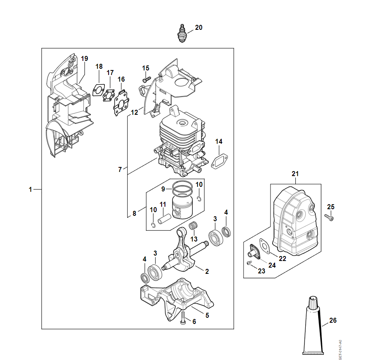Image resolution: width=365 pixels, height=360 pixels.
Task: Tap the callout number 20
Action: [x=199, y=28]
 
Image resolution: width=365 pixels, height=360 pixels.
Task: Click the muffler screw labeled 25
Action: [x=330, y=217]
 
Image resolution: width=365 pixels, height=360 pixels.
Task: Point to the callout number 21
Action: [x=295, y=174]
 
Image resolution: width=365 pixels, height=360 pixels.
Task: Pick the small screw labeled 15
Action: [x=145, y=78]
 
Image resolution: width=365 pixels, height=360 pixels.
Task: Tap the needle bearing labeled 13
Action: [x=192, y=227]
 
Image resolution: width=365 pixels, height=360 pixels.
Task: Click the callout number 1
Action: [x=30, y=190]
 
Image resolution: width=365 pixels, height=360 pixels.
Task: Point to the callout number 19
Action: [x=85, y=58]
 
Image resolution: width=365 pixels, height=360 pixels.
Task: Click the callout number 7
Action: [x=120, y=169]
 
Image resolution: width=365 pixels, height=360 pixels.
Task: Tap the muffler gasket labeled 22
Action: [x=264, y=245]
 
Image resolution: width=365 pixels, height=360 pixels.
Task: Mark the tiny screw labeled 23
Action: [x=249, y=263]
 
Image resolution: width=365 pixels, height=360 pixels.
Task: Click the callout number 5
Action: [x=207, y=315]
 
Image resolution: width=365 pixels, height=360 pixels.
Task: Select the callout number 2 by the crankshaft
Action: [x=207, y=271]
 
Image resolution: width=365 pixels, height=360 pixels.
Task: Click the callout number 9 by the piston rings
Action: [x=163, y=189]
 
